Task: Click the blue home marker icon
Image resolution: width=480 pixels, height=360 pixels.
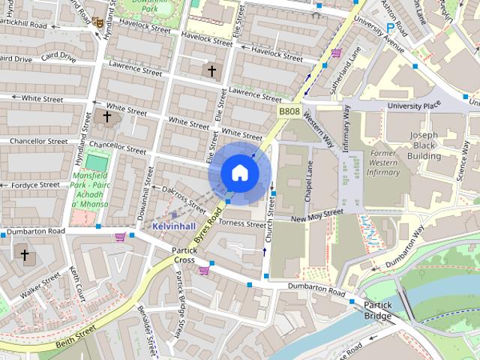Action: [x=239, y=173]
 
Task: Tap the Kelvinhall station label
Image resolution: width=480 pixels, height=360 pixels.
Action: [x=173, y=225]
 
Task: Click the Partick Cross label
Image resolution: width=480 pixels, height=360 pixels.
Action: [x=184, y=255]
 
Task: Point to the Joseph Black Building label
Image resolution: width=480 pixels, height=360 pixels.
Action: [x=424, y=146]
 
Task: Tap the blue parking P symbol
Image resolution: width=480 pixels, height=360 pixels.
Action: [x=390, y=28]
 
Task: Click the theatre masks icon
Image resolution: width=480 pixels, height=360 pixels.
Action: [x=97, y=22]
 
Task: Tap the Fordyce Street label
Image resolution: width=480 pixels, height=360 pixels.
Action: [x=30, y=184]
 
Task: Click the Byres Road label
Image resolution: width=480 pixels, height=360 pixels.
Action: [x=208, y=230]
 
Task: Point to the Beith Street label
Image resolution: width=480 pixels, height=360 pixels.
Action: [x=75, y=336]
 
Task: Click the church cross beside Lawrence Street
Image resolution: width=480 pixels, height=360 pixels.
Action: [x=212, y=71]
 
